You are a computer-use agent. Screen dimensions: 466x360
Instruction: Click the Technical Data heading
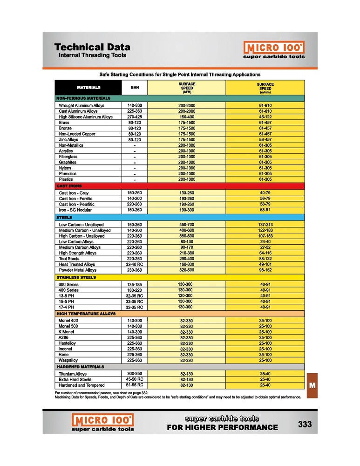[x=92, y=47]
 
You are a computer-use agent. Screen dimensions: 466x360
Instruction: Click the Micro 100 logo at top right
[x=274, y=50]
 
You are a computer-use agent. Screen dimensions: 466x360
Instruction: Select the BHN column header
[x=135, y=87]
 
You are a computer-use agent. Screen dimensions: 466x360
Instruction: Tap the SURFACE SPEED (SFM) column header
[x=187, y=87]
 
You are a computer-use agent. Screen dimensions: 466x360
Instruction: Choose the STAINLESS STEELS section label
[x=76, y=277]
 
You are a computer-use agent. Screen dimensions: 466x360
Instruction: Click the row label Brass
[x=64, y=123]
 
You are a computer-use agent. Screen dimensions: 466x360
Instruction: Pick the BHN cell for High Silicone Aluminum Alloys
[x=135, y=117]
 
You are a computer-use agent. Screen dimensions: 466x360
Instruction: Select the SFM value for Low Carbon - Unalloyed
[x=187, y=225]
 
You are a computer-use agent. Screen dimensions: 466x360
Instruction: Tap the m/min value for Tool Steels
[x=265, y=259]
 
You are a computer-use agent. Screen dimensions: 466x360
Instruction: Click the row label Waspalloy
[x=68, y=361]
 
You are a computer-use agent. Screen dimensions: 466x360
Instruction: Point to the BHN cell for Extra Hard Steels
[x=135, y=379]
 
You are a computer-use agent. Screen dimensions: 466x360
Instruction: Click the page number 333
[x=305, y=425]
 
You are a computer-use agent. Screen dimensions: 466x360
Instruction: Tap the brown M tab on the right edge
[x=312, y=385]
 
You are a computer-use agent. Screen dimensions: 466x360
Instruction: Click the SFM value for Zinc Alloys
[x=187, y=139]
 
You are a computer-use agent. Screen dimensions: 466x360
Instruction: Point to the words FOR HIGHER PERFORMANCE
[x=222, y=428]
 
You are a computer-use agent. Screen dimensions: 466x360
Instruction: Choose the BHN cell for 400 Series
[x=135, y=290]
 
